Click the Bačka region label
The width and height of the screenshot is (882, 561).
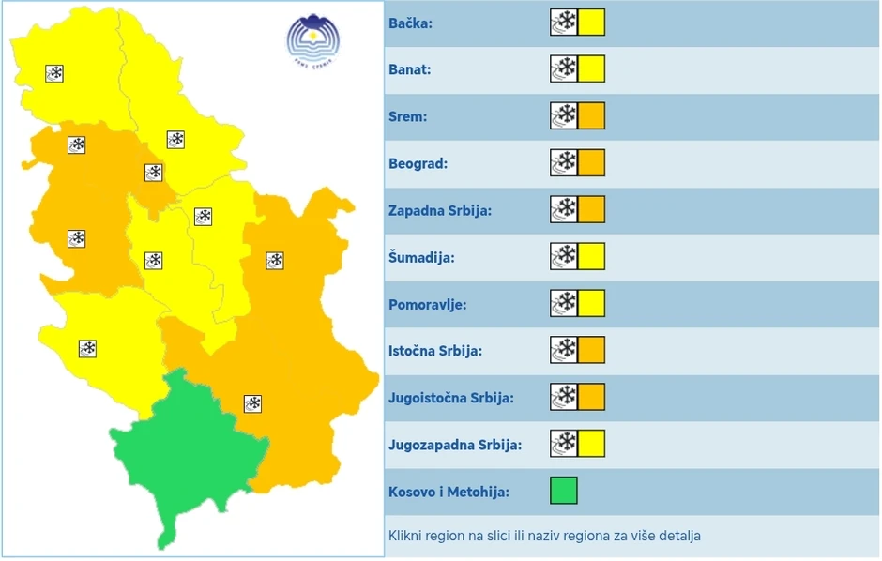pos(410,23)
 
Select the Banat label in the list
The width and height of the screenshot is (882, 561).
pos(410,69)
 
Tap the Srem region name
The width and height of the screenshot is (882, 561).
pos(408,116)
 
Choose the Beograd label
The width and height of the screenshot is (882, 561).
pos(418,163)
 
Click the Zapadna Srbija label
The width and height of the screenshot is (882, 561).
pos(440,210)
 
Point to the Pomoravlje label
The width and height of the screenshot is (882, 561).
pos(427,304)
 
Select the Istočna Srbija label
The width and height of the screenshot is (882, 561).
pos(435,351)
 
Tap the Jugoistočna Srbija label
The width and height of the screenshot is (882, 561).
pos(451,398)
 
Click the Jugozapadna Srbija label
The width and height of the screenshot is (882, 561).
pos(455,445)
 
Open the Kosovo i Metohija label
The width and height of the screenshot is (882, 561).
pos(449,492)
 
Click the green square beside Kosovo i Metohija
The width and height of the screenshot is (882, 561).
pos(564,491)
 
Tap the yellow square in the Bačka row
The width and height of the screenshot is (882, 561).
pos(591,22)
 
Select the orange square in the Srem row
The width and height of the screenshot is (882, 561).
pos(591,115)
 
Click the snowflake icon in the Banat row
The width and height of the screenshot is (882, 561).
pos(564,68)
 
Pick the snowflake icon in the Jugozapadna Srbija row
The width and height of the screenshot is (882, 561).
pos(564,444)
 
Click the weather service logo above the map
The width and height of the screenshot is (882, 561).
pos(312,40)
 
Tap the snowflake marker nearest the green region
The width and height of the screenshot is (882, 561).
pos(252,403)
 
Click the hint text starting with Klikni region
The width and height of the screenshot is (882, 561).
pos(544,536)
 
